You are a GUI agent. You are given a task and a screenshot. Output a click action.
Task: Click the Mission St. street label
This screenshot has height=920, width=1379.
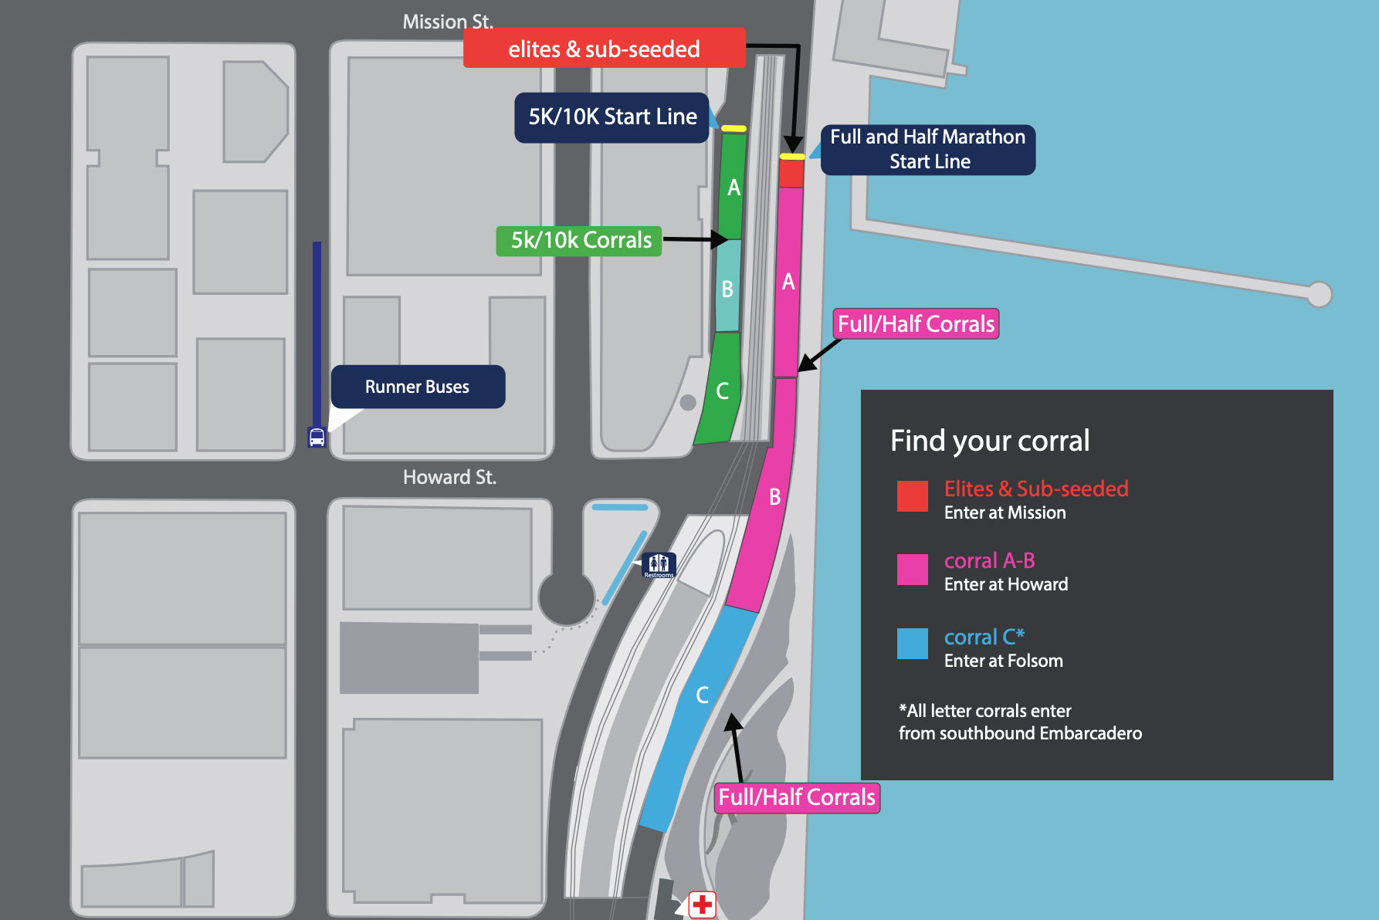click(x=447, y=21)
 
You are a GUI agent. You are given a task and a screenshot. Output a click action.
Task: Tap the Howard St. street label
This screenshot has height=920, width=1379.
click(x=449, y=477)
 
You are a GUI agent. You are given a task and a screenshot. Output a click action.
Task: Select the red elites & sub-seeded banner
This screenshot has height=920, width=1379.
click(x=604, y=49)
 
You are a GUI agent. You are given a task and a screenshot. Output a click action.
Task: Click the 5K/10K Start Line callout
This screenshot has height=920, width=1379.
click(x=612, y=117)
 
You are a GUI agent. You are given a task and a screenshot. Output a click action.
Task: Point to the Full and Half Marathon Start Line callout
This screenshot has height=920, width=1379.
click(x=927, y=149)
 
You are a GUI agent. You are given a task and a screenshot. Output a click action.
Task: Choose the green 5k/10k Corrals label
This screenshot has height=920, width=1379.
click(x=580, y=240)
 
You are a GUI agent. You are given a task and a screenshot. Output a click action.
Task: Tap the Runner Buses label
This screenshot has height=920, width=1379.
click(x=417, y=387)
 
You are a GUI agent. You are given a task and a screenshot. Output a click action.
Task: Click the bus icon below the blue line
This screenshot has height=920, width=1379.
click(x=317, y=437)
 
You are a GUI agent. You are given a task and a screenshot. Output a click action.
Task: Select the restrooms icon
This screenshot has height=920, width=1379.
click(x=659, y=565)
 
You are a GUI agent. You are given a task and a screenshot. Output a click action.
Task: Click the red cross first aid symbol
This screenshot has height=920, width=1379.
click(x=702, y=904)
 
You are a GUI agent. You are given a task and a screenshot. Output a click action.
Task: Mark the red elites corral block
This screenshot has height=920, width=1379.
click(x=791, y=173)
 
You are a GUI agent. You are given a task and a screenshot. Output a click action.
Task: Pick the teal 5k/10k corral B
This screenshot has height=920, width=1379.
click(x=727, y=286)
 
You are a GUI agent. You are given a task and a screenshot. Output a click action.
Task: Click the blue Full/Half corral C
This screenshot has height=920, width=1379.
click(x=699, y=710)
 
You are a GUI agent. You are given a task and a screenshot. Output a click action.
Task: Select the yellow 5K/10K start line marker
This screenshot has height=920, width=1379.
click(x=734, y=129)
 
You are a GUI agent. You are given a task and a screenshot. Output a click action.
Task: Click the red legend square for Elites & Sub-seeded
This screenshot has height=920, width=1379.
click(x=912, y=496)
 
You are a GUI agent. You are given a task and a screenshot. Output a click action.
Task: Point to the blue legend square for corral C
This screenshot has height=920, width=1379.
click(x=912, y=644)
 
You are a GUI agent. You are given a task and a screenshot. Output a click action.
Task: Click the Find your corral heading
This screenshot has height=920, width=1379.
click(x=989, y=441)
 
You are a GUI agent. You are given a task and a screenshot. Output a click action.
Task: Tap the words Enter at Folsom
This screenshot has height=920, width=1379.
click(x=1003, y=661)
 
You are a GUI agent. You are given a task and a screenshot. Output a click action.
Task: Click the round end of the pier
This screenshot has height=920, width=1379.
click(x=1319, y=294)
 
